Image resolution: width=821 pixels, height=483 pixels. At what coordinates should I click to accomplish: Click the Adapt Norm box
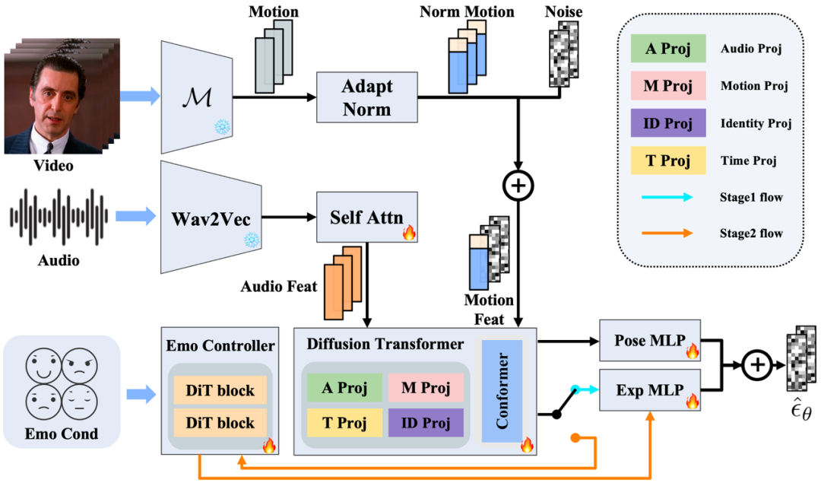click(366, 98)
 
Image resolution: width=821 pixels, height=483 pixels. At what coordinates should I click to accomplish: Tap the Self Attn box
click(366, 217)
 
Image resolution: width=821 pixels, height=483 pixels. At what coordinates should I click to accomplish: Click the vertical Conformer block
click(501, 391)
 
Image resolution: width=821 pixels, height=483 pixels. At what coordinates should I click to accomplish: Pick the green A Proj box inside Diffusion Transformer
click(344, 388)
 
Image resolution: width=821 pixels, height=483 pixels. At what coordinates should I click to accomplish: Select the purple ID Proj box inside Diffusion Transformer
click(425, 422)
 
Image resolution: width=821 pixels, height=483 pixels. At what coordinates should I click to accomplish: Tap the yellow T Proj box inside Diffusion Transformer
click(344, 422)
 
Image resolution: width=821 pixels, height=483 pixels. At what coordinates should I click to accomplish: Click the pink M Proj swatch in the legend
click(667, 86)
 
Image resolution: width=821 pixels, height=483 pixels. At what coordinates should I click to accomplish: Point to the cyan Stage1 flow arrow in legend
click(667, 197)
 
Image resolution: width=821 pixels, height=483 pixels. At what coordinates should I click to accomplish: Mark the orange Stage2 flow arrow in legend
click(667, 234)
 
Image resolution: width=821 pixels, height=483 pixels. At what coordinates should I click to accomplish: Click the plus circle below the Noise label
click(518, 186)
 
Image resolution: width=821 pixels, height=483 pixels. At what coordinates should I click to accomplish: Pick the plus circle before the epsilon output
click(756, 364)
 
